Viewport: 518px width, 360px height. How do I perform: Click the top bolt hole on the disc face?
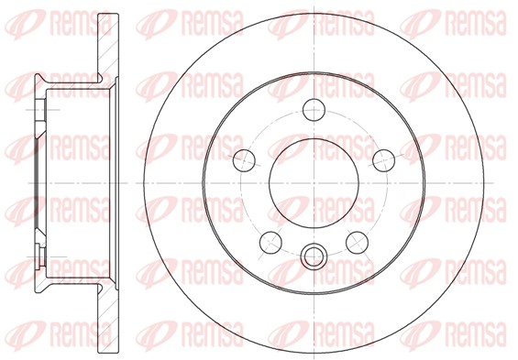(x=314, y=110)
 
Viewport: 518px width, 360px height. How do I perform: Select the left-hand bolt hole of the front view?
(x=244, y=160)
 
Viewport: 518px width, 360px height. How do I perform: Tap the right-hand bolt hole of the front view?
(x=383, y=160)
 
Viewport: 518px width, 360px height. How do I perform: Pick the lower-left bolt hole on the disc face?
(x=270, y=242)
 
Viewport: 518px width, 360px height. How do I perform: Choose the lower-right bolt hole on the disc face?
(x=358, y=242)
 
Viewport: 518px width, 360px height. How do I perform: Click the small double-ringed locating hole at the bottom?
(x=314, y=255)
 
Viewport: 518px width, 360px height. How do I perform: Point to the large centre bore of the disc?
(x=314, y=183)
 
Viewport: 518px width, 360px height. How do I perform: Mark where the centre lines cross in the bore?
(x=314, y=183)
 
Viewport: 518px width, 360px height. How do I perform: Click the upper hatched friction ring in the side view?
(x=108, y=46)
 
